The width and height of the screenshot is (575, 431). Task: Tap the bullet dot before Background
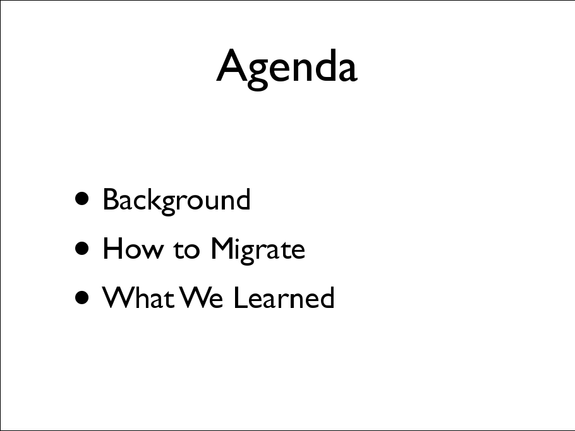coord(82,199)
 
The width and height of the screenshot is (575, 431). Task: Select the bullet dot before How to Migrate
coord(82,248)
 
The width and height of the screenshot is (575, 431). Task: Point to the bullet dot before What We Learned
coord(82,297)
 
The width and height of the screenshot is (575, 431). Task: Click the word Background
coord(177,201)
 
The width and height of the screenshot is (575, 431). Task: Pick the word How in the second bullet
coord(133,249)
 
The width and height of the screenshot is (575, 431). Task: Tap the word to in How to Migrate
coord(186,249)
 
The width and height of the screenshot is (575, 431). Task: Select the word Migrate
coord(258,250)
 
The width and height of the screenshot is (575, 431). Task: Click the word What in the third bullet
coord(138,297)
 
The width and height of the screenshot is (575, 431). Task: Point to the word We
coord(202,297)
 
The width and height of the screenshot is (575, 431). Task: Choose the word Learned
coord(284,297)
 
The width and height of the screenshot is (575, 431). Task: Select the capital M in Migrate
coord(223,248)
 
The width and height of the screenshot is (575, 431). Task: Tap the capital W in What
coord(119,297)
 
